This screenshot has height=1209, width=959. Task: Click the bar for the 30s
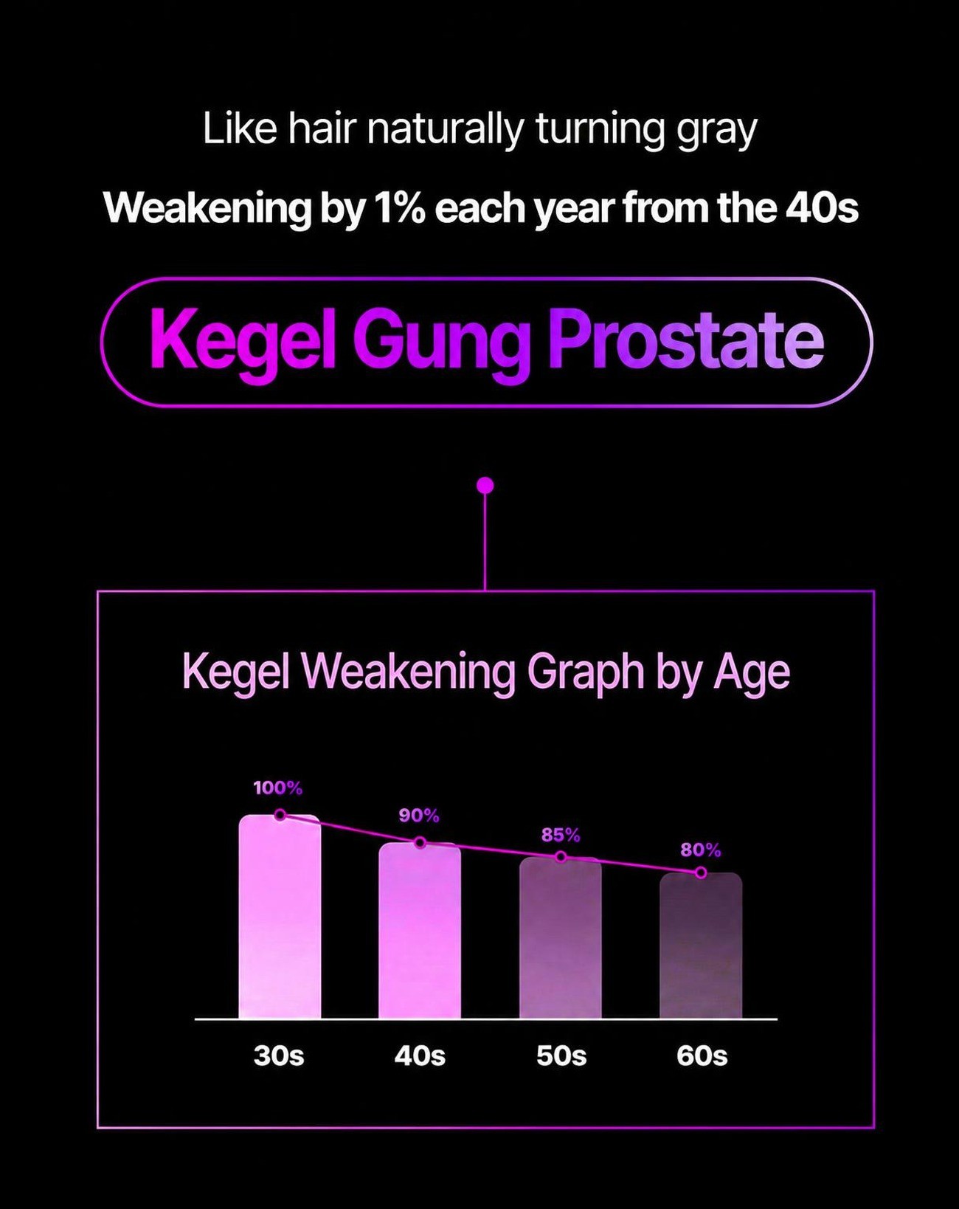click(x=280, y=916)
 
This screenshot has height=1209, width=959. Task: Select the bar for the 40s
click(x=420, y=930)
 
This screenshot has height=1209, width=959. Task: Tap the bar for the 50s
click(x=561, y=937)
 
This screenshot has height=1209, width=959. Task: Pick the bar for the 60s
click(x=701, y=945)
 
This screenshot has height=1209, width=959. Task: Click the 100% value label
click(x=278, y=788)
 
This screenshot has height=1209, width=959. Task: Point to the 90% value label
click(x=419, y=816)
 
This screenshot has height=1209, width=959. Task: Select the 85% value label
click(x=561, y=836)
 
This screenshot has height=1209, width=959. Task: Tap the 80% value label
click(x=701, y=850)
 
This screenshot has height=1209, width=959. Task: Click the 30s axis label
click(x=279, y=1055)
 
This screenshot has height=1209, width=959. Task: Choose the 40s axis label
click(x=420, y=1055)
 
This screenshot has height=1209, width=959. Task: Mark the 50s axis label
click(x=561, y=1055)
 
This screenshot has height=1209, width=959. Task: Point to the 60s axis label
click(x=702, y=1055)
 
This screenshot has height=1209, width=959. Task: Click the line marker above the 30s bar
click(x=280, y=815)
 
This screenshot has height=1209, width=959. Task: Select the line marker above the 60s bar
click(x=701, y=872)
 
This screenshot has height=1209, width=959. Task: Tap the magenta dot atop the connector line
click(x=485, y=485)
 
